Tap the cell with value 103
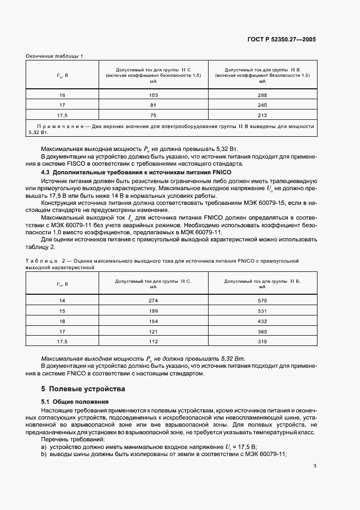point(153,95)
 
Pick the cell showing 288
point(262,95)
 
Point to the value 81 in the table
point(153,105)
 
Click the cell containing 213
point(262,115)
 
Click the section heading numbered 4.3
point(124,172)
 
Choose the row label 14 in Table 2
point(62,301)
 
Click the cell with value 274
point(153,301)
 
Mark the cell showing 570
point(262,301)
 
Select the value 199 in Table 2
point(153,311)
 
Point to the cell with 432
point(262,321)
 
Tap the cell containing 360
point(262,331)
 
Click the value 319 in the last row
point(262,342)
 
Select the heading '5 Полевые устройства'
point(83,389)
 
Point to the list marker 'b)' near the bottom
point(44,454)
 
